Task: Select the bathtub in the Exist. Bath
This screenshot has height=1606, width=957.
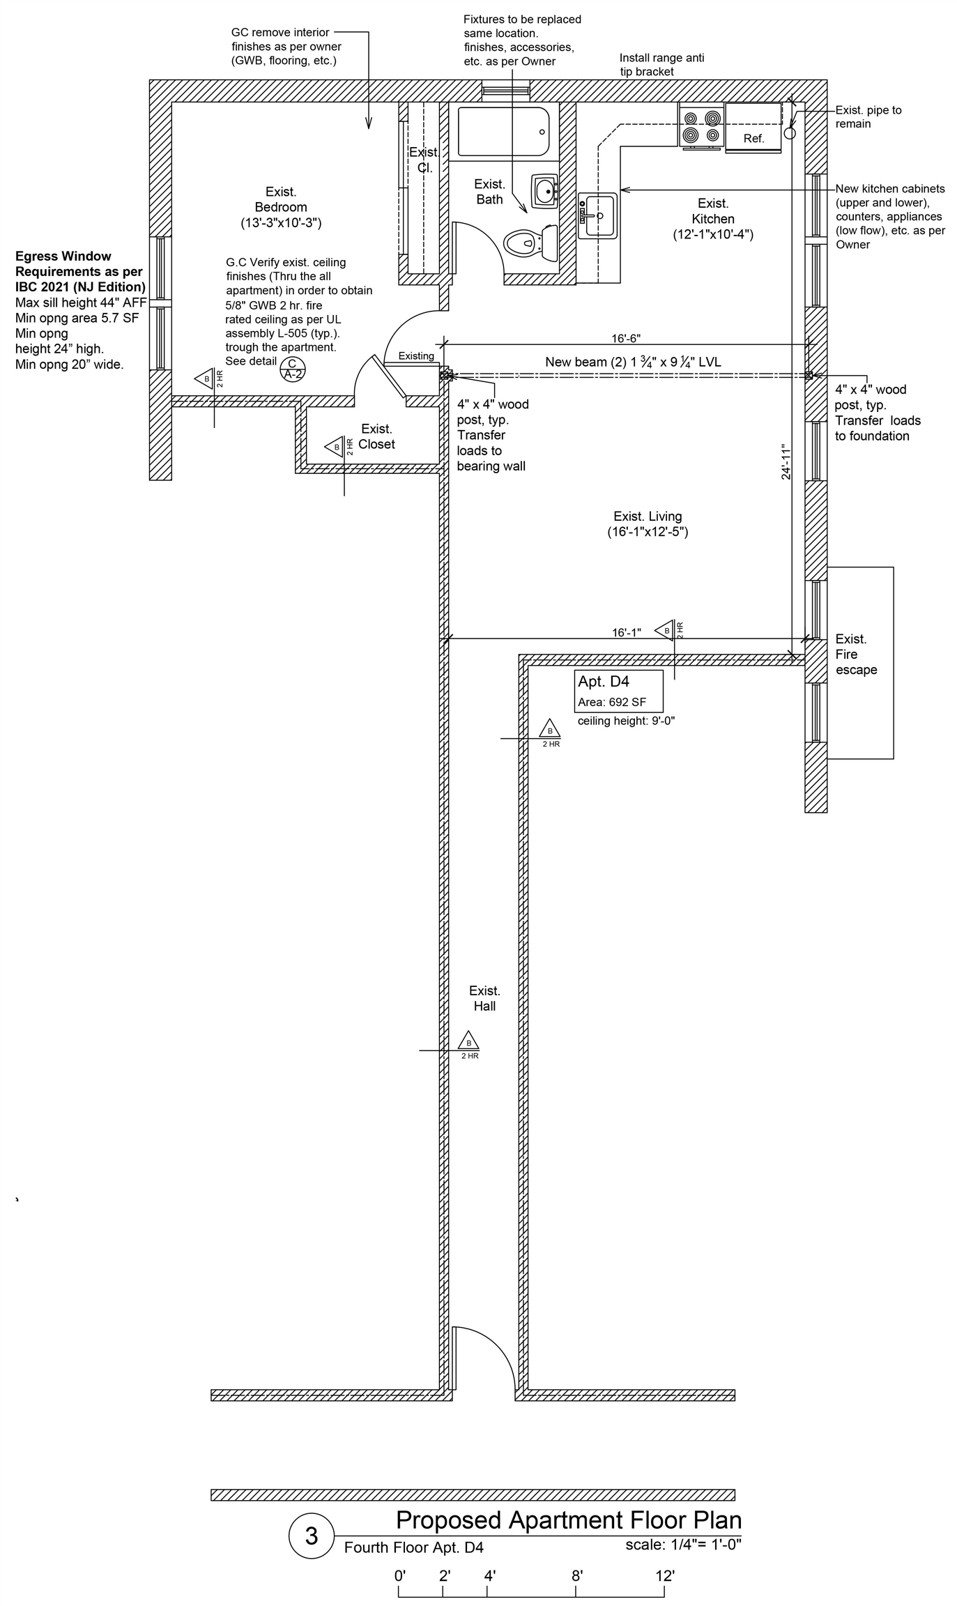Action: click(x=503, y=131)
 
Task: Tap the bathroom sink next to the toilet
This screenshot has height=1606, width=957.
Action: click(x=544, y=190)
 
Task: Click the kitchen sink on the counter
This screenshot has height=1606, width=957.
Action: click(x=597, y=215)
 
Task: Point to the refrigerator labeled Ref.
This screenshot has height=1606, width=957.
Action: click(x=753, y=128)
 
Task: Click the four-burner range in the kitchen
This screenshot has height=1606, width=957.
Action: click(x=701, y=126)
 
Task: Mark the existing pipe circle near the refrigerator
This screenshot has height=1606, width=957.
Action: click(x=790, y=132)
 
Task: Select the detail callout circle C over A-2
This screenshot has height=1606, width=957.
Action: click(x=292, y=367)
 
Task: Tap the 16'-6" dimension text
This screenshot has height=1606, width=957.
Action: click(x=625, y=339)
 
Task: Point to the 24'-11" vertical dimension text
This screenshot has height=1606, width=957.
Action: click(x=787, y=461)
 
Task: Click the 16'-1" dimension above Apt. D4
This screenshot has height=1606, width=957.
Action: click(x=626, y=632)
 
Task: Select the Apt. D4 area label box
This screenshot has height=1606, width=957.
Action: click(x=618, y=691)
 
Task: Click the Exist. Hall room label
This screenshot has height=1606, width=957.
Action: click(x=484, y=998)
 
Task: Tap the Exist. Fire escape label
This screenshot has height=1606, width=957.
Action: click(x=855, y=654)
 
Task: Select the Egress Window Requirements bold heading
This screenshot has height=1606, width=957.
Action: click(x=79, y=271)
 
